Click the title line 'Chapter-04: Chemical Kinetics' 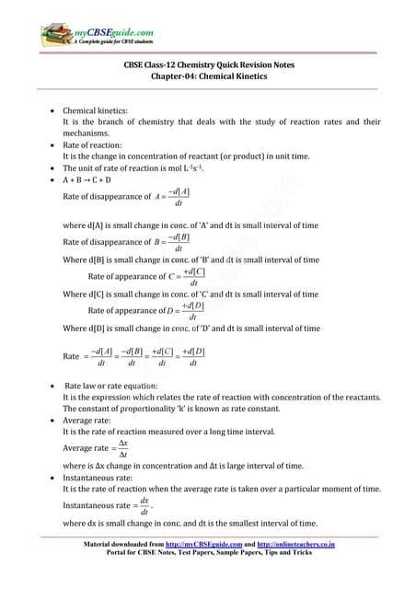pos(208,76)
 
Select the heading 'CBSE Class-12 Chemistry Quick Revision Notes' pos(208,65)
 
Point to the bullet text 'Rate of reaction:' pos(93,144)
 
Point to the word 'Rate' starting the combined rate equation pos(71,356)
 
